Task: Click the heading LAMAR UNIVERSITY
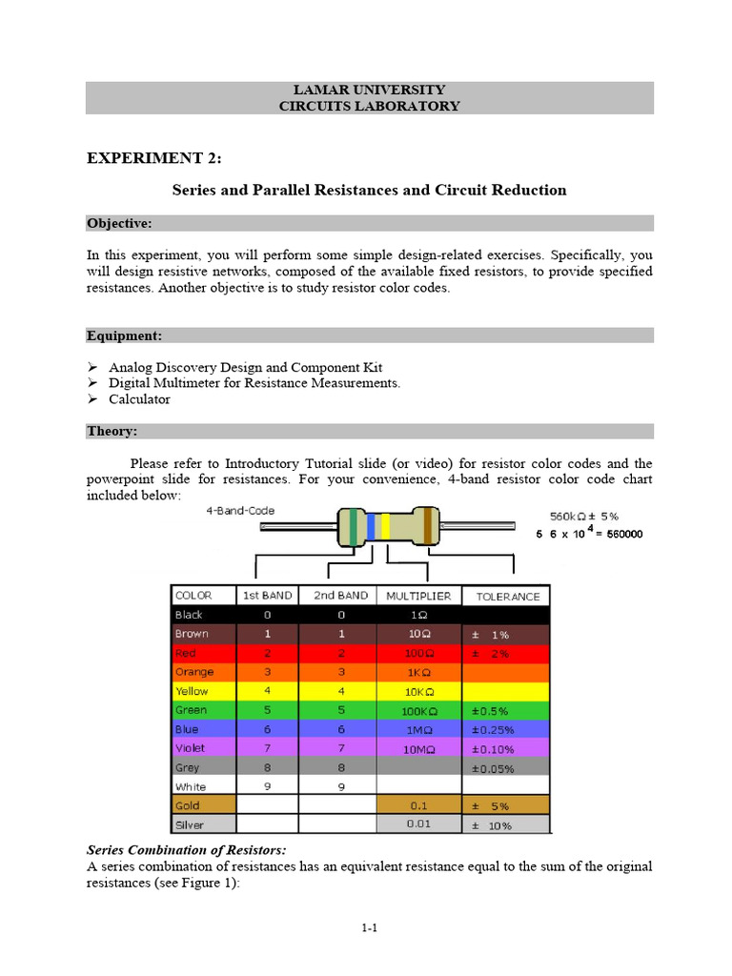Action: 369,90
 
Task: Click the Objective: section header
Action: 119,223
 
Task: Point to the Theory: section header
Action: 112,431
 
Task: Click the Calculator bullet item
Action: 139,399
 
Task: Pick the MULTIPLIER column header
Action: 419,596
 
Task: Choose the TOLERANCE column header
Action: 507,597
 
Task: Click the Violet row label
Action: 190,748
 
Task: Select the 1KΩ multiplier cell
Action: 419,672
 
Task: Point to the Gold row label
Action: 187,805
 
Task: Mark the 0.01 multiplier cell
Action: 419,824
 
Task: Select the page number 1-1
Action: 370,927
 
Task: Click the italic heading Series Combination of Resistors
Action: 186,849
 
